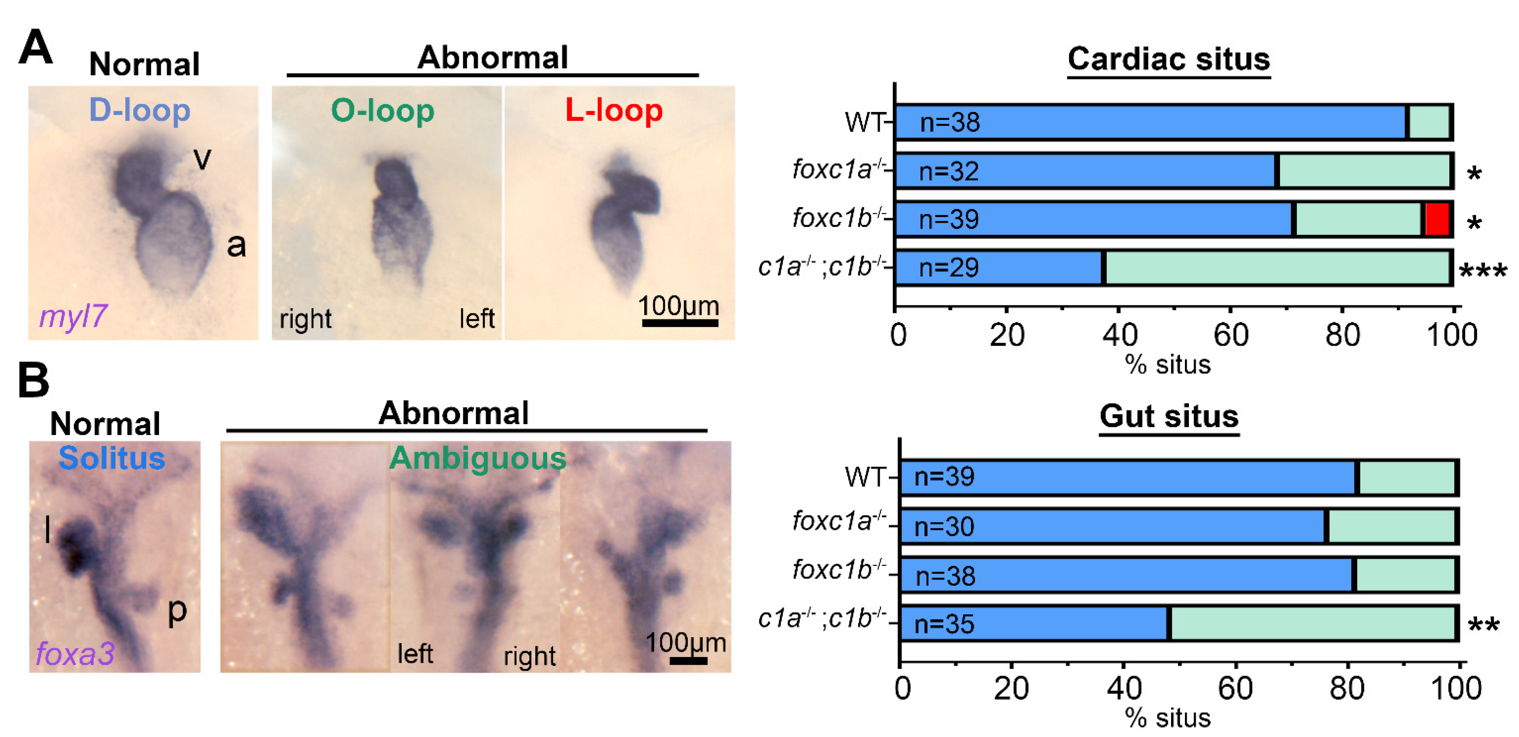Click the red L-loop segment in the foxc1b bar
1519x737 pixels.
click(1437, 219)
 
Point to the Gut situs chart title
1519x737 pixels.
click(1168, 416)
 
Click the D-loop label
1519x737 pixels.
click(140, 110)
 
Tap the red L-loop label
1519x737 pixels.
click(613, 110)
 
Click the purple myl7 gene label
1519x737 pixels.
click(73, 316)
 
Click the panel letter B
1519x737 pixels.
click(34, 380)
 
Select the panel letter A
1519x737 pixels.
click(35, 47)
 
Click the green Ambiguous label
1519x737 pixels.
click(478, 458)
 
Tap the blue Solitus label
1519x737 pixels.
click(112, 458)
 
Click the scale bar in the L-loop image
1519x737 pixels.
click(679, 323)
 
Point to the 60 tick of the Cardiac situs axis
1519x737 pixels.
click(1231, 335)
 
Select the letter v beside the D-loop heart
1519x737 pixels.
click(202, 158)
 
